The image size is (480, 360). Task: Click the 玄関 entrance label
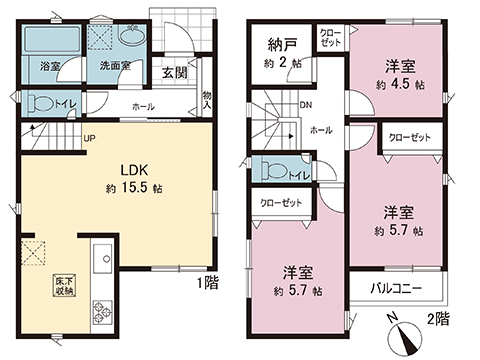pos(175,72)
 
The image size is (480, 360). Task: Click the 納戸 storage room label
pos(281,45)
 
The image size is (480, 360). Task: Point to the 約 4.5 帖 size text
pos(400,84)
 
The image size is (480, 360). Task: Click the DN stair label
pos(304,105)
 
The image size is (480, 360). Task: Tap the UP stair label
pos(90,139)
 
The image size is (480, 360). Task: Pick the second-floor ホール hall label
pos(321,130)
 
